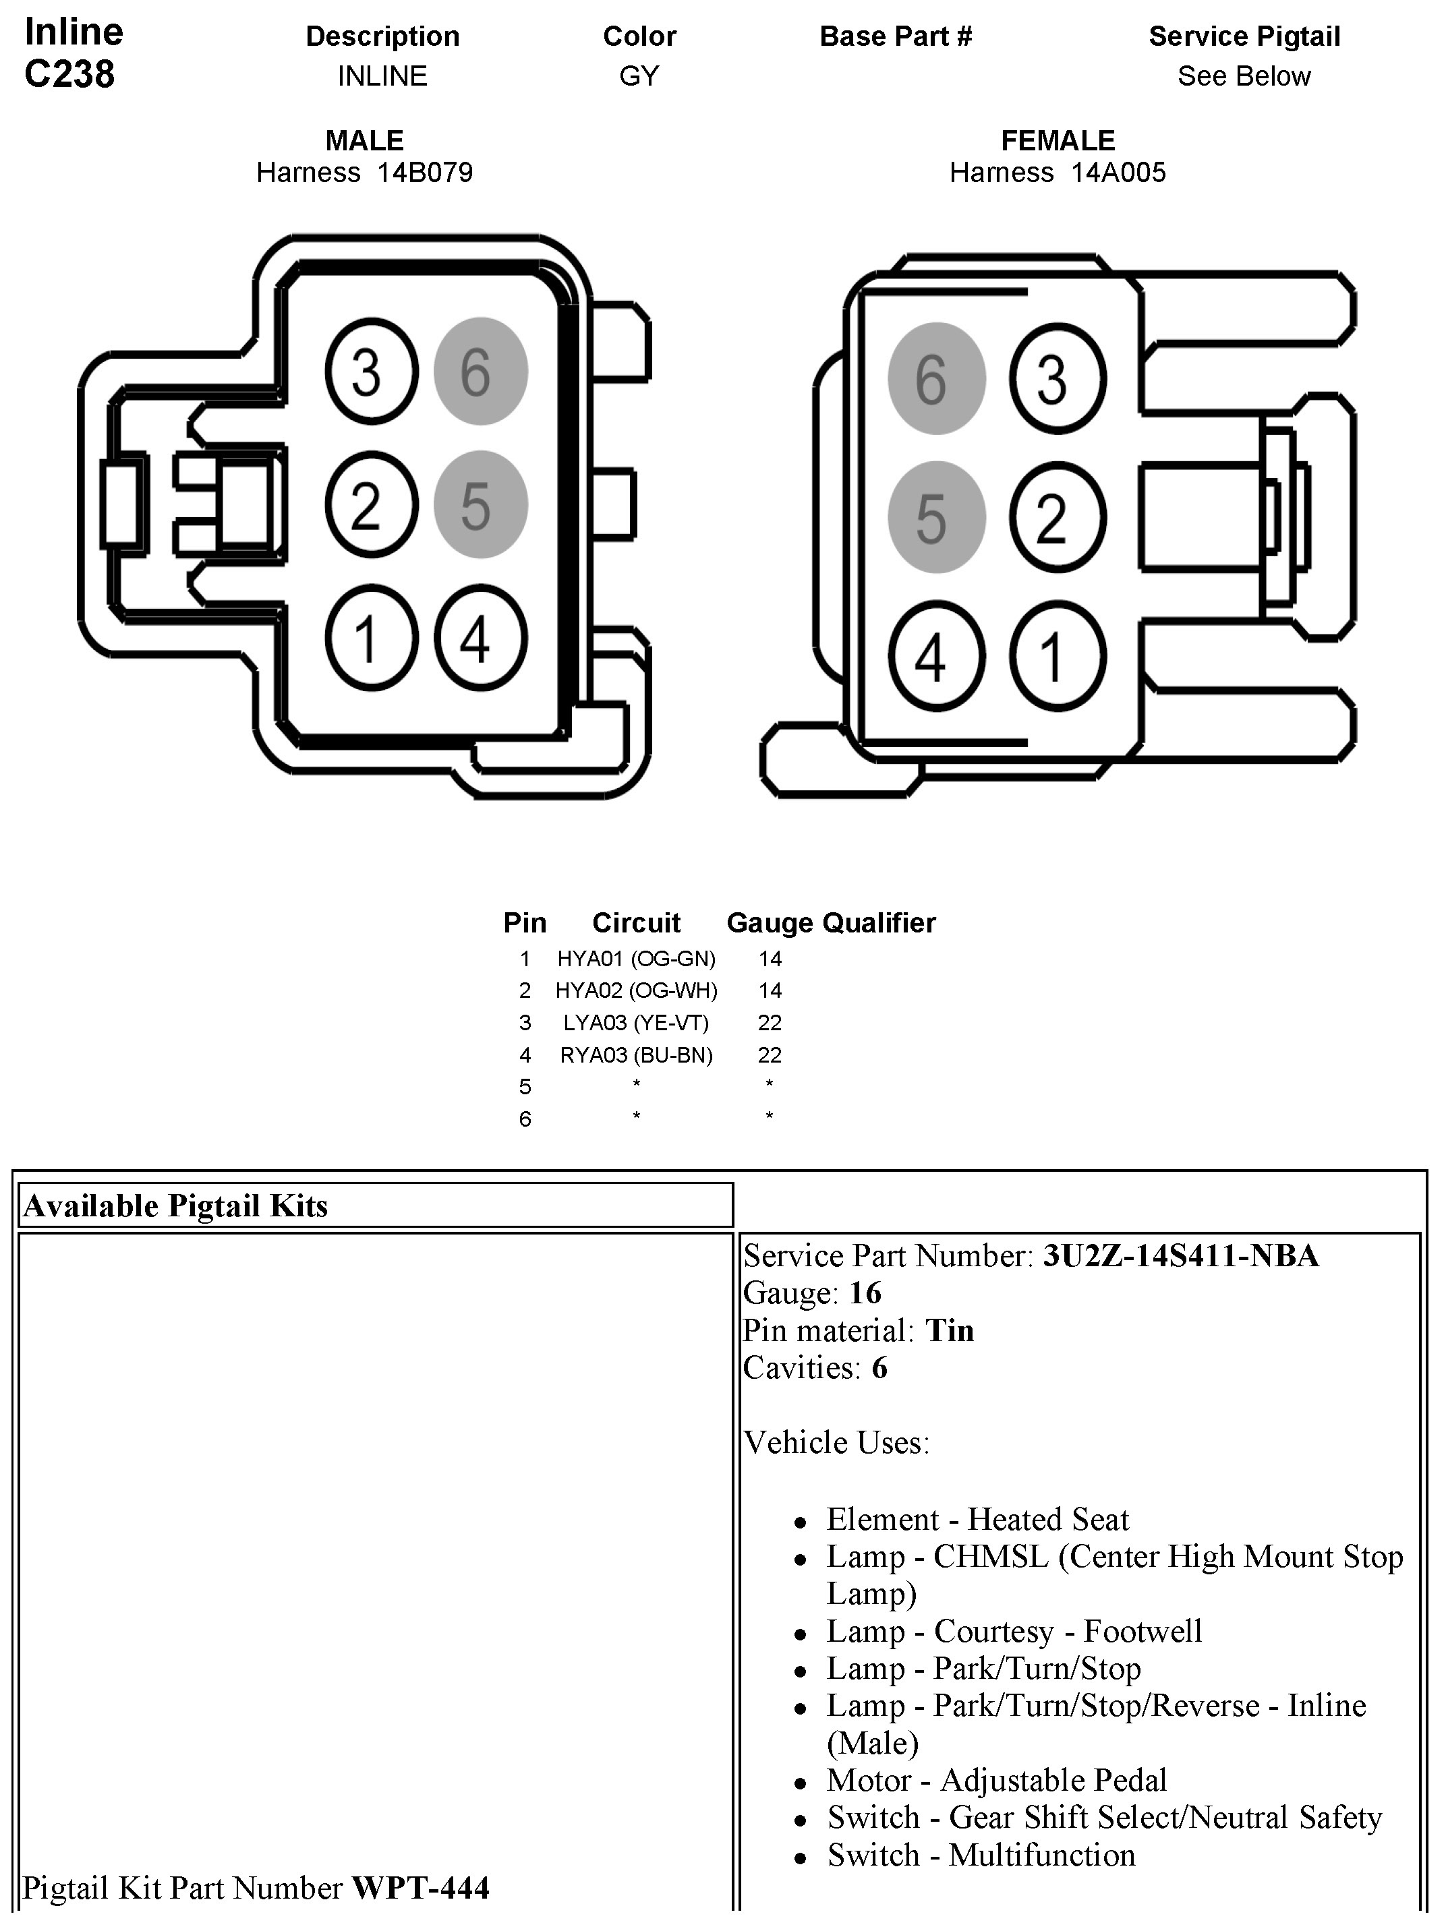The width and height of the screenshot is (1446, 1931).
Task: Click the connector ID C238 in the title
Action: (x=70, y=74)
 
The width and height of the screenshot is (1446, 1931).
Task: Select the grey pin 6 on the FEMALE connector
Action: (x=935, y=378)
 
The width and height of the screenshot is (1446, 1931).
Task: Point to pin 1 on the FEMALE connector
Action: (x=1057, y=655)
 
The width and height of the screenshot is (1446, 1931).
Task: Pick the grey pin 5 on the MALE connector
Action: (x=480, y=504)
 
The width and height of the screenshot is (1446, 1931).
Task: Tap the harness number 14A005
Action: (x=1118, y=172)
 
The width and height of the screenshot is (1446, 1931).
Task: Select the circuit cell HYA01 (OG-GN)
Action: (x=636, y=959)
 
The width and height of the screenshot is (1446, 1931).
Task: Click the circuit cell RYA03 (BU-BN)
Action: (x=636, y=1054)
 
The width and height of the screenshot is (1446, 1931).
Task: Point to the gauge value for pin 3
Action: (x=770, y=1022)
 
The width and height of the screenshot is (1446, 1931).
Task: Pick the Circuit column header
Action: (x=636, y=923)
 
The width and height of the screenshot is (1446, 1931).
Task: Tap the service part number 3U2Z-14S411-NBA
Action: (x=1180, y=1255)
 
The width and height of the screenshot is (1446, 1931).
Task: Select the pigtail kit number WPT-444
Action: (x=420, y=1887)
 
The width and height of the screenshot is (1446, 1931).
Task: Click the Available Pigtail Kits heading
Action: (x=175, y=1206)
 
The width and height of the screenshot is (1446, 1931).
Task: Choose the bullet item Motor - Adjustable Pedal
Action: (x=996, y=1779)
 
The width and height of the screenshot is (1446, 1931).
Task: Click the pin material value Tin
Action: (x=949, y=1330)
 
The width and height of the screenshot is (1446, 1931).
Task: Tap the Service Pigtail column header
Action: (x=1244, y=36)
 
